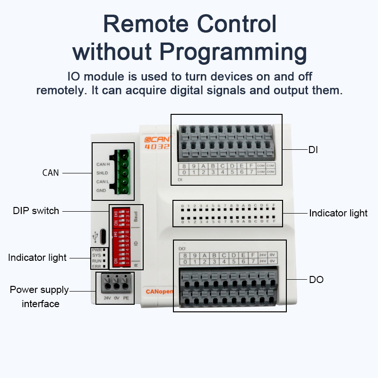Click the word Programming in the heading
(x=233, y=52)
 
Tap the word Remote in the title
(x=141, y=23)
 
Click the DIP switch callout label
(x=36, y=211)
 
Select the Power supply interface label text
(x=40, y=297)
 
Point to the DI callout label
(x=313, y=150)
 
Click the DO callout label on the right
(x=316, y=280)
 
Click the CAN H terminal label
(x=103, y=164)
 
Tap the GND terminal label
(x=101, y=190)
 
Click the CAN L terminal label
(x=103, y=181)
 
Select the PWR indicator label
(x=96, y=249)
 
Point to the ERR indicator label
(x=96, y=266)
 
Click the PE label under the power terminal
(x=125, y=298)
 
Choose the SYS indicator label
(x=96, y=255)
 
